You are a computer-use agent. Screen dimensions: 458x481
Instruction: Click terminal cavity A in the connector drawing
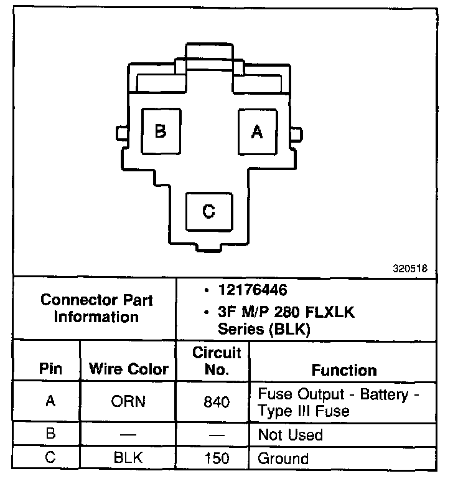tap(256, 131)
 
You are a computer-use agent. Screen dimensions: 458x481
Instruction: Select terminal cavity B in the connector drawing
tap(161, 131)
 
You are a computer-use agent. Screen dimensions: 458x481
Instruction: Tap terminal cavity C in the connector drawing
tap(209, 212)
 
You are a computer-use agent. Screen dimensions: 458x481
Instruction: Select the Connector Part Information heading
tap(96, 308)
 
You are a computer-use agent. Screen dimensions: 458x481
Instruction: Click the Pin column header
tap(50, 369)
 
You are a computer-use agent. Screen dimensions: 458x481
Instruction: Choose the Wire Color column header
tap(128, 369)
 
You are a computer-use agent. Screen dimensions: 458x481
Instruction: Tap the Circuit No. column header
tap(216, 361)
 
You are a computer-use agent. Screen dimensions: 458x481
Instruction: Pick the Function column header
tap(343, 370)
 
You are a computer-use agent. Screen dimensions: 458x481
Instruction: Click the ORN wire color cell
tap(128, 401)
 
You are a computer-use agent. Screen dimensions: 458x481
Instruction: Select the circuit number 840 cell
tap(216, 402)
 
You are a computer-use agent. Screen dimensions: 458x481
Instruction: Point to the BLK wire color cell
tap(128, 459)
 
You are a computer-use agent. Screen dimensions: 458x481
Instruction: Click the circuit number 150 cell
tap(216, 459)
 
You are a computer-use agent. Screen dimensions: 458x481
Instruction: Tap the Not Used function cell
tap(290, 434)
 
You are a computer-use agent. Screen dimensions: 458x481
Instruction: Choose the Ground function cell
tap(283, 459)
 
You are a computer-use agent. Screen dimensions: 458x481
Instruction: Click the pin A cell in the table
tap(50, 401)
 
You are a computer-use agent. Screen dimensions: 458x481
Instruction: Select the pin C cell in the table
tap(50, 459)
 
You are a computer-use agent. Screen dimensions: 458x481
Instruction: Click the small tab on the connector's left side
tap(121, 133)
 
